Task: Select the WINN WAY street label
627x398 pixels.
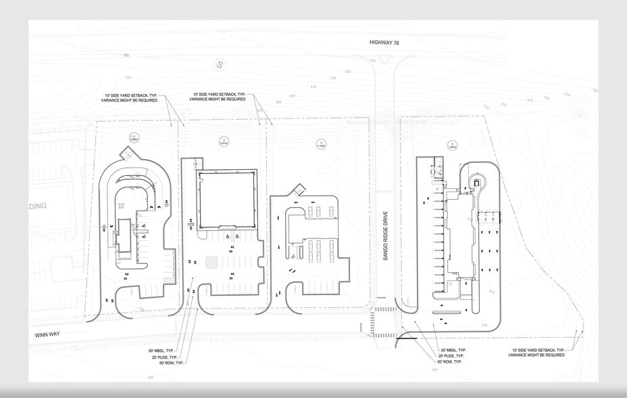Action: pos(48,334)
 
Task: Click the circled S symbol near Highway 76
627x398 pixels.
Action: pos(219,65)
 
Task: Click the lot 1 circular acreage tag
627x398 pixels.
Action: pos(134,139)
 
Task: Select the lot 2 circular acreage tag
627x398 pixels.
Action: pos(224,141)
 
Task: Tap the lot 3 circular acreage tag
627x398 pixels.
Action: pos(321,143)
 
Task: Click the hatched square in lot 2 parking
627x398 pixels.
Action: pos(211,261)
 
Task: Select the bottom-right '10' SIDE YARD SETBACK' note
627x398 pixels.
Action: pos(538,353)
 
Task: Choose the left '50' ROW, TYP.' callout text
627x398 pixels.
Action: pos(172,363)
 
